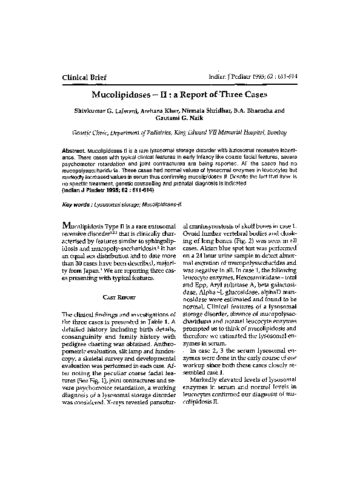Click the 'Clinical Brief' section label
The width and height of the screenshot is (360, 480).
tap(88, 76)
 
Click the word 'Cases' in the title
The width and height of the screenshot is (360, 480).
tap(254, 95)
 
